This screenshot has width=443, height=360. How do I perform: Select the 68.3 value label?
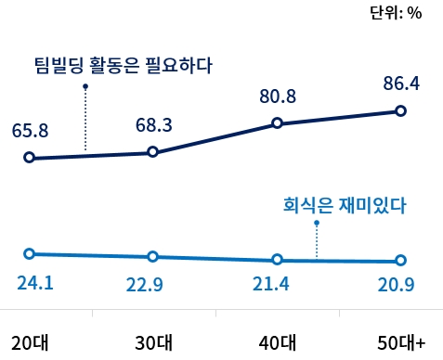tap(152, 123)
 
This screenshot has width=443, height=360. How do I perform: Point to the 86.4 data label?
tap(401, 84)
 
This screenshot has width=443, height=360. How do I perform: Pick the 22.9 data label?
tap(145, 286)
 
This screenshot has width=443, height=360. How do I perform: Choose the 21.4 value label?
tap(271, 284)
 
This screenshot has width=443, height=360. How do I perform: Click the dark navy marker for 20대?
tap(30, 158)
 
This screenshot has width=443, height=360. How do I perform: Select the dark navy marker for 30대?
tap(153, 152)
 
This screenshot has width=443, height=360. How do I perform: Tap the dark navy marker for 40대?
tap(277, 123)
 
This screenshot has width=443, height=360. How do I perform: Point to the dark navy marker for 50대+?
tap(401, 111)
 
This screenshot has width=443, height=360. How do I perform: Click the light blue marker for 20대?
tap(30, 253)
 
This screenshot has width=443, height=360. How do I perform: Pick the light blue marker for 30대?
tap(153, 256)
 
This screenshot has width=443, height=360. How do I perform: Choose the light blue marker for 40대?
tap(277, 260)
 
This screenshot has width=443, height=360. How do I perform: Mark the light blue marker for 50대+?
tap(401, 261)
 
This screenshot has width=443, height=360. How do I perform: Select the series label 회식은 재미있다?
tap(344, 205)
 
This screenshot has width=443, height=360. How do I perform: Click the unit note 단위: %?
tap(396, 12)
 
